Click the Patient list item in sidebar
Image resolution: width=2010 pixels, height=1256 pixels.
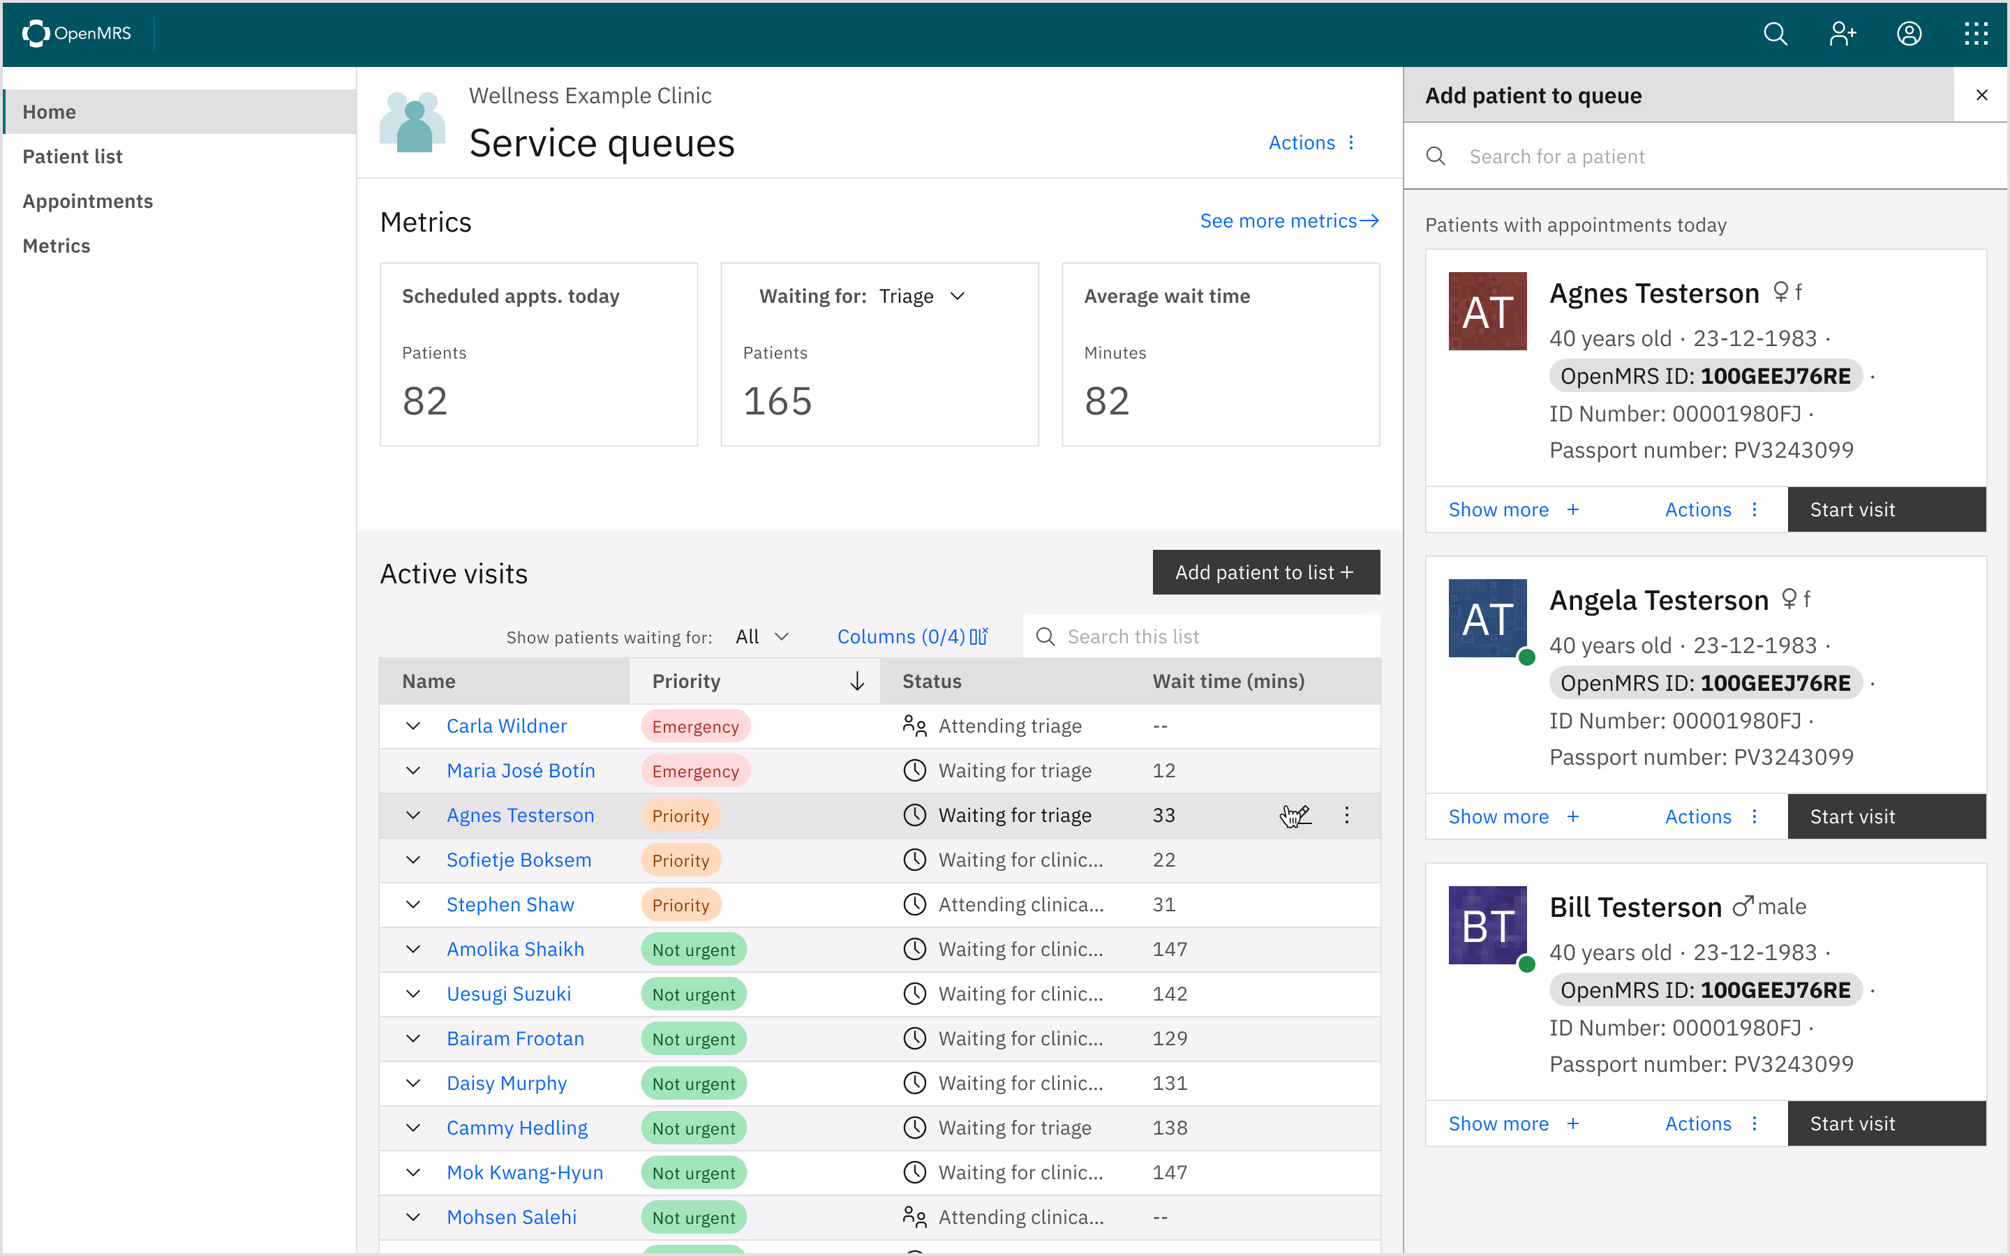(x=73, y=156)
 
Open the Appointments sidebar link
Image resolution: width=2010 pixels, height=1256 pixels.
(x=87, y=201)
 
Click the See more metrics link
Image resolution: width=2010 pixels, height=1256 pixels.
(x=1288, y=221)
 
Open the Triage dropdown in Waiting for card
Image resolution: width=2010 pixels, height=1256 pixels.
(x=922, y=297)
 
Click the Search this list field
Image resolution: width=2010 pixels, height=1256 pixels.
(x=1213, y=636)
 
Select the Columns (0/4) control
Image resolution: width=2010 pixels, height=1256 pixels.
(x=912, y=636)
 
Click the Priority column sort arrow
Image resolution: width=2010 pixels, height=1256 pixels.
(x=857, y=681)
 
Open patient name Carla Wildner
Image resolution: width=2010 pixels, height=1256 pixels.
(x=507, y=726)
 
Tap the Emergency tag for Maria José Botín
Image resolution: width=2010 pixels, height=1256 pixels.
(x=695, y=771)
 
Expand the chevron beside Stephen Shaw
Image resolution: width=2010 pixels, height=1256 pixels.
(x=412, y=904)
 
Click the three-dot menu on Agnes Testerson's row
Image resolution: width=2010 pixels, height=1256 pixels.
(x=1346, y=815)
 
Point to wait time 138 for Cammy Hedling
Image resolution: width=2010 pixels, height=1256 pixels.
(x=1170, y=1128)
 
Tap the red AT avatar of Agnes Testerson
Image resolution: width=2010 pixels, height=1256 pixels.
(x=1487, y=311)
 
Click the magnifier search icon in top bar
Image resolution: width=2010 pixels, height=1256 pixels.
(x=1775, y=33)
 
